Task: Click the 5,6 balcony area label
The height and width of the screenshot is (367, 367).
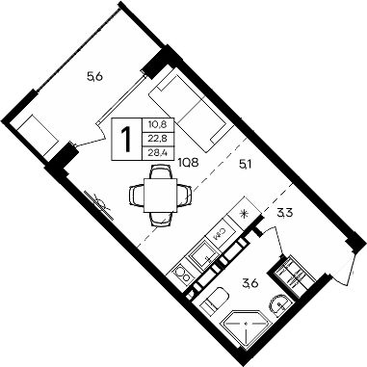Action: pyautogui.click(x=93, y=78)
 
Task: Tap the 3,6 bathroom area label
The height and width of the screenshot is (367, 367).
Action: pyautogui.click(x=250, y=282)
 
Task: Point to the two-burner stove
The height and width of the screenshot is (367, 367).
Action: pyautogui.click(x=182, y=275)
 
